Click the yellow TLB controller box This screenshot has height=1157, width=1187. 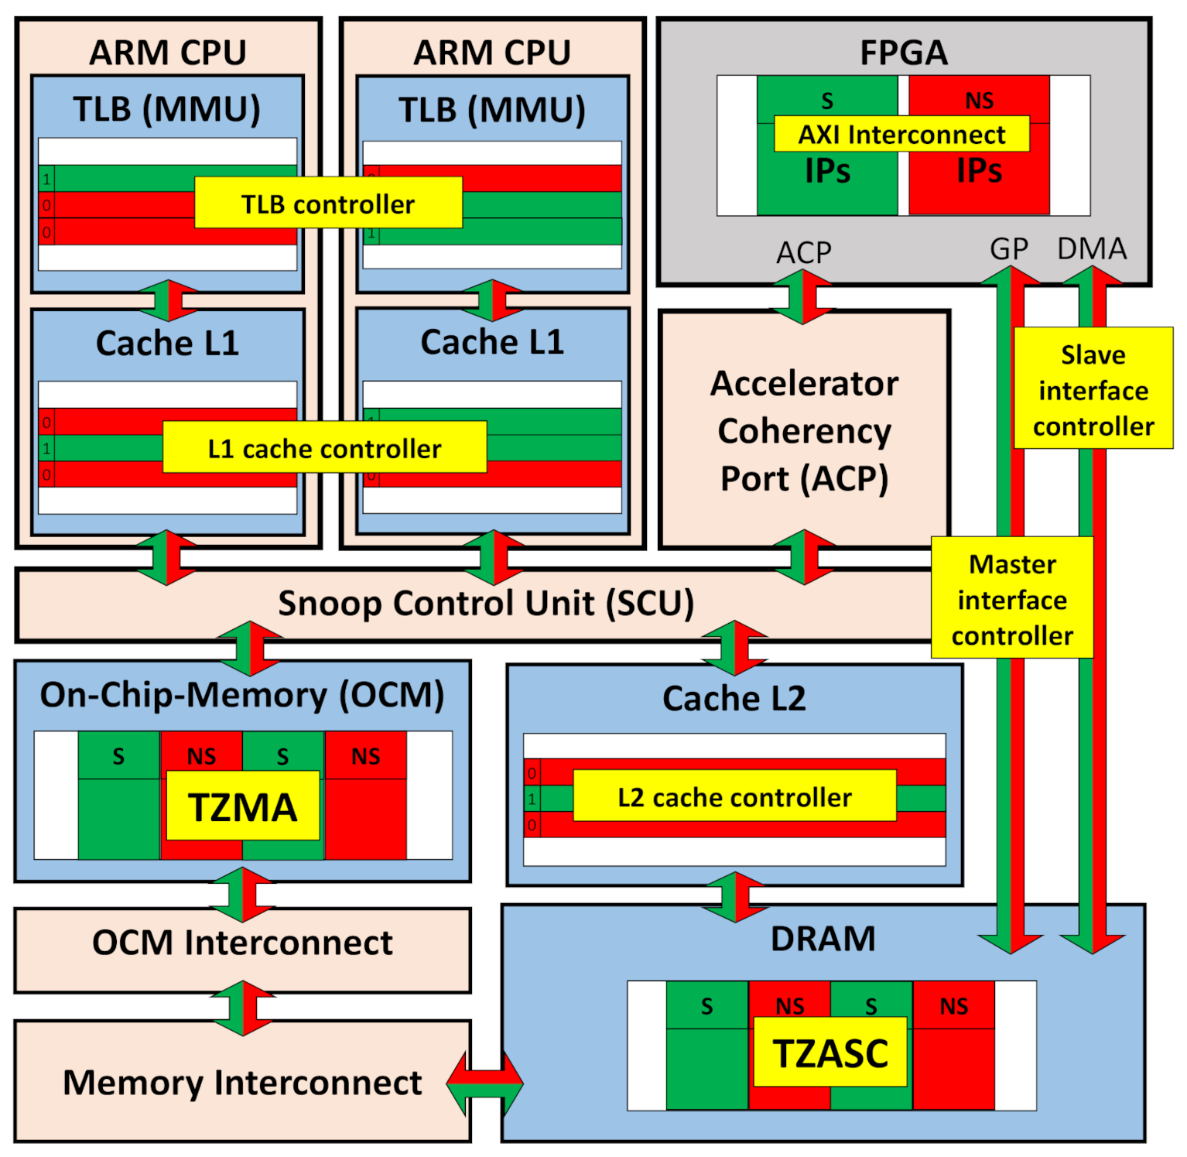click(328, 203)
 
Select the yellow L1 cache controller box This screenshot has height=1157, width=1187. click(324, 447)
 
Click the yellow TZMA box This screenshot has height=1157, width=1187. click(243, 806)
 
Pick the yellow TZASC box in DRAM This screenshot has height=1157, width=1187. click(830, 1052)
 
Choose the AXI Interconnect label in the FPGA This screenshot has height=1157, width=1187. click(901, 134)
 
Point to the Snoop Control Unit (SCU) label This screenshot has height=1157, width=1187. click(486, 604)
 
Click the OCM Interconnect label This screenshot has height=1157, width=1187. click(242, 943)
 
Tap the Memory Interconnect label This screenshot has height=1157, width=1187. click(242, 1082)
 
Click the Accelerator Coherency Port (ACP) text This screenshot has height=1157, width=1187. click(804, 431)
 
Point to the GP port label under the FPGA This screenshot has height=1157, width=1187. click(1009, 249)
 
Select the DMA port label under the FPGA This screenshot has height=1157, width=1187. click(1092, 249)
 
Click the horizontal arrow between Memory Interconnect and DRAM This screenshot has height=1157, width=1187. click(485, 1083)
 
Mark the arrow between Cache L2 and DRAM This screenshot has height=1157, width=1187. click(734, 896)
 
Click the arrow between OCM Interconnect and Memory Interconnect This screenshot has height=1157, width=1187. click(243, 1008)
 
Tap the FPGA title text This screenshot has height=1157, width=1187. click(904, 53)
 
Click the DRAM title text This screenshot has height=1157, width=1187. click(823, 939)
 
